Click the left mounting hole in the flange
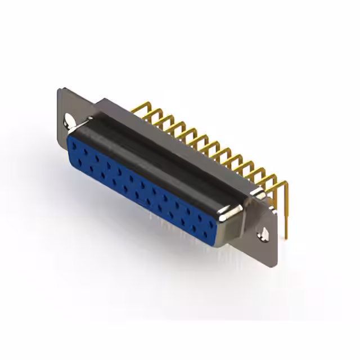(70, 119)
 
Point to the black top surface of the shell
(157, 152)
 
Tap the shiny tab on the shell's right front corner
(231, 213)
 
